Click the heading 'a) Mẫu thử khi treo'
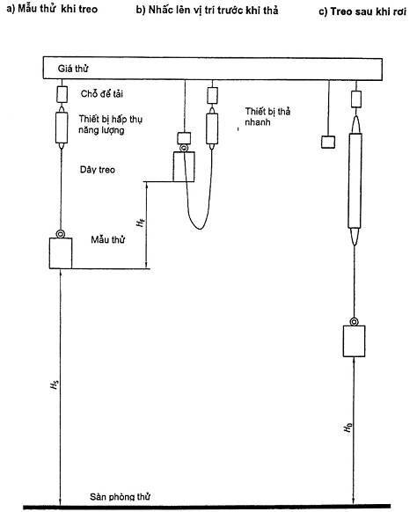tap(52, 9)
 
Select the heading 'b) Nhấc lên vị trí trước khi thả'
tap(207, 11)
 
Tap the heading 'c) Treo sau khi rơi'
tap(362, 11)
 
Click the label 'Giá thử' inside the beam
tap(73, 69)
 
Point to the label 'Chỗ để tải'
tap(101, 94)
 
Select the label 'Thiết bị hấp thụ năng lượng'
tap(110, 124)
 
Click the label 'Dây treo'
tap(98, 170)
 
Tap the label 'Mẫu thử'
tap(107, 239)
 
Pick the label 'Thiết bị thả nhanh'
tap(267, 117)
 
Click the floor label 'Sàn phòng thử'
tap(120, 497)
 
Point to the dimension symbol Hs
tap(55, 384)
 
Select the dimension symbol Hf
tap(140, 223)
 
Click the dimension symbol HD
tap(347, 427)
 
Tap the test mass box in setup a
tap(61, 253)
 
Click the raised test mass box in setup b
tap(184, 166)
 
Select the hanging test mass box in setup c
tap(354, 341)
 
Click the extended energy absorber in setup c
tap(355, 180)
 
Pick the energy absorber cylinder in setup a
tap(62, 128)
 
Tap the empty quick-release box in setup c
tap(328, 142)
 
